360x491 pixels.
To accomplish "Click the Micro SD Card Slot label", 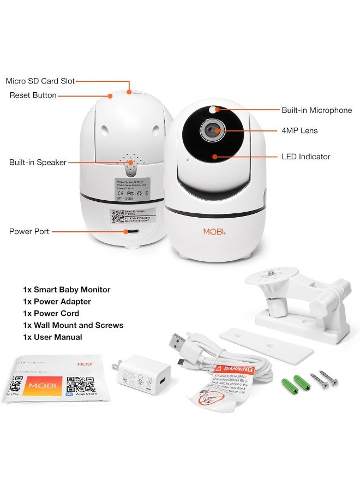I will point(40,81).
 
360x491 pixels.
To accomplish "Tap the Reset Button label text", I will point(33,95).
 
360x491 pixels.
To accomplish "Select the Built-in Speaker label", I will point(38,162).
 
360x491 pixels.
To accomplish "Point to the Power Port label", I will point(29,231).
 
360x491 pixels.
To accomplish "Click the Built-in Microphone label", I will point(316,110).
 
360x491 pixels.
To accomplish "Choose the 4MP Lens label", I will point(299,130).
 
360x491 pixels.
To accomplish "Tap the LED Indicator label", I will point(305,157).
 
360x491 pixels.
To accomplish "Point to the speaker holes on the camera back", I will point(130,162).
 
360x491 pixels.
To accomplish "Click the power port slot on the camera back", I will point(129,231).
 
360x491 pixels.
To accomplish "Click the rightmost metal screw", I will point(329,376).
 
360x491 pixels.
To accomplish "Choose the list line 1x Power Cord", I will point(51,313).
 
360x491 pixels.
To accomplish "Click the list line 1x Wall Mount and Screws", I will point(73,325).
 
